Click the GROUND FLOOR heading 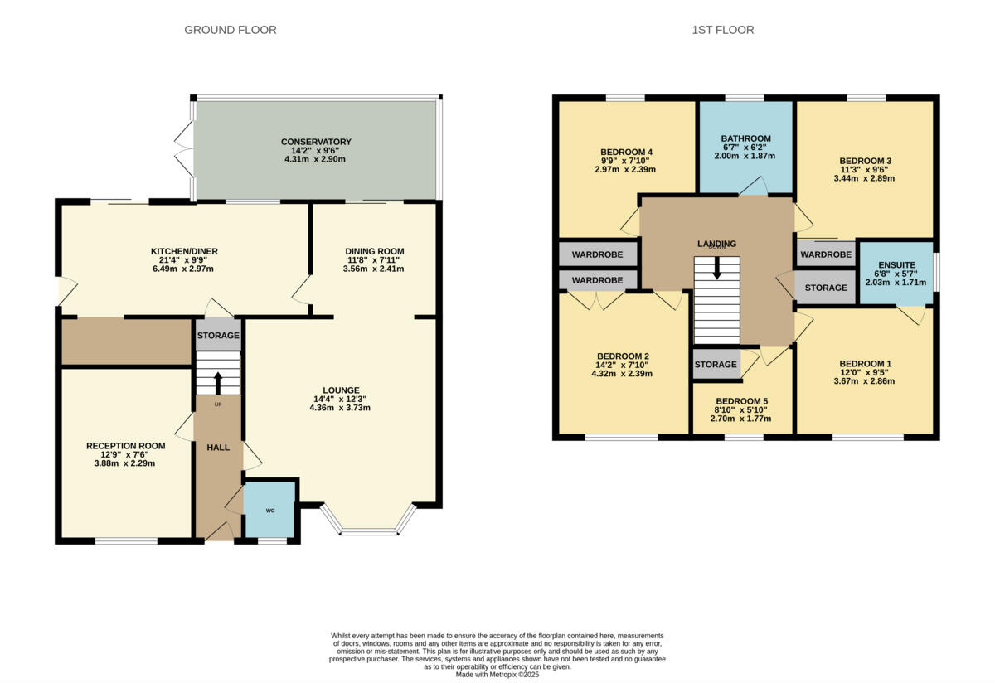point(230,30)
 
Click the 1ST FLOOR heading point(722,30)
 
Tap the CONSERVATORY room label point(316,142)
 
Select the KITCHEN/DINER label point(184,251)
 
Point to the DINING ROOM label point(374,251)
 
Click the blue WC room point(270,510)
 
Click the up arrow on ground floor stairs point(218,382)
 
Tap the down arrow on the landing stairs point(717,269)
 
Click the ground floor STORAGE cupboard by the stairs point(218,336)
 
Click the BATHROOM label point(745,138)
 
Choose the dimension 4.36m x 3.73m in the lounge point(340,407)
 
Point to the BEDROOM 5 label point(743,400)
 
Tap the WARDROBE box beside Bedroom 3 point(826,254)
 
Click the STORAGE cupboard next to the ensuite point(826,288)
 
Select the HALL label point(218,448)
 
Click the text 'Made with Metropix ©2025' point(498,675)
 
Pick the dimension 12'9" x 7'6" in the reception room point(125,454)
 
